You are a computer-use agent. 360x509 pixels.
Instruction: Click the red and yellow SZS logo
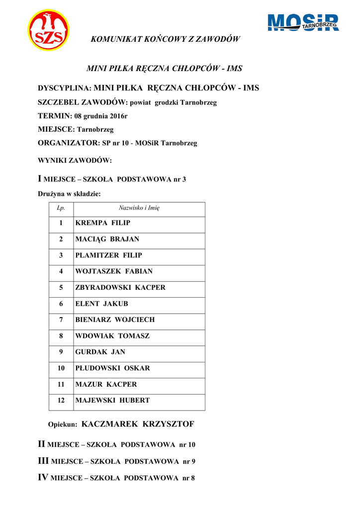tap(48, 30)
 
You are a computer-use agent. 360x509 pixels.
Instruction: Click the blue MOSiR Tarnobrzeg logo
tap(303, 23)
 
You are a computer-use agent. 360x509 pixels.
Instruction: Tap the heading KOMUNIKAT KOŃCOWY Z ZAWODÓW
tap(165, 39)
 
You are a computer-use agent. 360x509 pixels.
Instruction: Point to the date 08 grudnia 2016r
tap(101, 116)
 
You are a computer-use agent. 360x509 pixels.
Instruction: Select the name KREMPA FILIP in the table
tap(102, 223)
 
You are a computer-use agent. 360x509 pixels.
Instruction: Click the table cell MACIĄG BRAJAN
tap(107, 239)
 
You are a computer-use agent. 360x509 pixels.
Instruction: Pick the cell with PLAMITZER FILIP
tap(108, 255)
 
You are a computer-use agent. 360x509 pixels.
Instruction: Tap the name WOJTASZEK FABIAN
tap(114, 271)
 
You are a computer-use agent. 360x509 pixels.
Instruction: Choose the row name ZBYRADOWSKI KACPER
tap(120, 287)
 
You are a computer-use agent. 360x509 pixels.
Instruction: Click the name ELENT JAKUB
tap(101, 304)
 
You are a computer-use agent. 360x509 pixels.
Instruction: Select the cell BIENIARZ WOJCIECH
tap(115, 320)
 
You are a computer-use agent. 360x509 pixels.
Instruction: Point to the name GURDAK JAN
tap(100, 352)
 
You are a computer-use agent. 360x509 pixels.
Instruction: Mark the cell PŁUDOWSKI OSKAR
tap(112, 368)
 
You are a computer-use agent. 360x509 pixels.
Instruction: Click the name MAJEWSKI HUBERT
tap(112, 400)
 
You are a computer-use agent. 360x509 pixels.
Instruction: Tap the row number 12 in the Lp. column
tap(61, 400)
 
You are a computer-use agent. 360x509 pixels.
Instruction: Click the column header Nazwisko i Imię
tap(139, 208)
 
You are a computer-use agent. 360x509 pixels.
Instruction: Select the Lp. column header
tap(61, 208)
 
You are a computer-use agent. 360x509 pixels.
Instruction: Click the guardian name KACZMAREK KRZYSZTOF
tap(137, 424)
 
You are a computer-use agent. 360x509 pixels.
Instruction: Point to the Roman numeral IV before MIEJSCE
tap(43, 478)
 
